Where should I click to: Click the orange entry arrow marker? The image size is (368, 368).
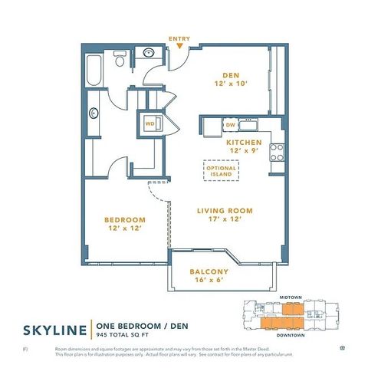(179, 47)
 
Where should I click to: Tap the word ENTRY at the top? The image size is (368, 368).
(179, 38)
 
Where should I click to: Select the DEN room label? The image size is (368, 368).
(231, 74)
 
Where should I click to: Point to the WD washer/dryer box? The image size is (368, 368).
(150, 123)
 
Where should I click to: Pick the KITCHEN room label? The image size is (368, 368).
(244, 143)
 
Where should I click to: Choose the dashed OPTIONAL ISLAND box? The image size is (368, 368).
(222, 170)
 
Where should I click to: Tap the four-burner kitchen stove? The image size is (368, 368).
(278, 152)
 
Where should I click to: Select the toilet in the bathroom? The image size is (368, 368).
(120, 60)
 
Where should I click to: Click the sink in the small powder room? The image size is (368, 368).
(147, 54)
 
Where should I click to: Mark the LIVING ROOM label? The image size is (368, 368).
(225, 211)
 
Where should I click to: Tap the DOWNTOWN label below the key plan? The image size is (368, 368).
(289, 336)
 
